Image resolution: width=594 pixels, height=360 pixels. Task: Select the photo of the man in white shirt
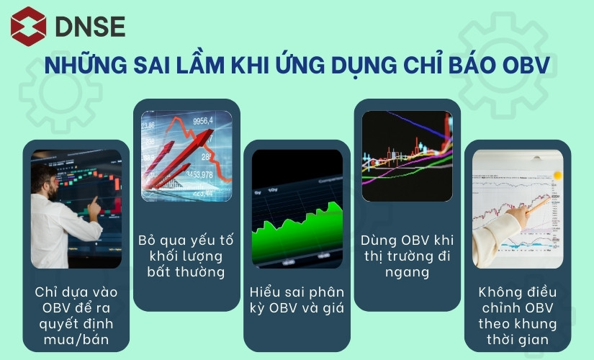tap(76, 209)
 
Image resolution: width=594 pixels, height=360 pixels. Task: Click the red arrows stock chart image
tap(186, 156)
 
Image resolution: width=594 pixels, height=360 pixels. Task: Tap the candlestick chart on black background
tap(407, 156)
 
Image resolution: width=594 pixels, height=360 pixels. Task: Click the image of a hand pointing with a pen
tap(517, 209)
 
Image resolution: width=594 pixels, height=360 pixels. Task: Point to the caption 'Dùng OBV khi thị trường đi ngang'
tap(407, 255)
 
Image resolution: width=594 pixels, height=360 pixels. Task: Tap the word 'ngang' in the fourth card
tap(407, 272)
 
